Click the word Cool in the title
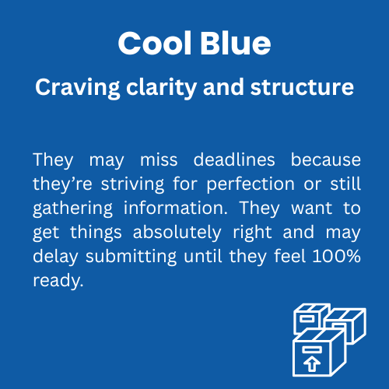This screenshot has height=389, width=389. pyautogui.click(x=155, y=43)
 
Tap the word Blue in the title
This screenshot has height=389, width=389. pyautogui.click(x=236, y=43)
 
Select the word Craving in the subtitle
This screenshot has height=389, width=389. pyautogui.click(x=78, y=88)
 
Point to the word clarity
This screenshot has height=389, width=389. pyautogui.click(x=161, y=88)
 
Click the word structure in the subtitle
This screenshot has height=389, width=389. pyautogui.click(x=302, y=87)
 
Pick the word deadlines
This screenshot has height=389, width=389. pyautogui.click(x=234, y=159)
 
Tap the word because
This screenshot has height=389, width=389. pyautogui.click(x=326, y=159)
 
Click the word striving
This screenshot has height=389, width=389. pyautogui.click(x=132, y=184)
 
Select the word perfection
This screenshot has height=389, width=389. pyautogui.click(x=251, y=184)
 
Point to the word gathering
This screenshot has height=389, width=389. pyautogui.click(x=73, y=209)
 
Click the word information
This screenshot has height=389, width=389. pyautogui.click(x=176, y=208)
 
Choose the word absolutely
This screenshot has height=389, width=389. pyautogui.click(x=177, y=233)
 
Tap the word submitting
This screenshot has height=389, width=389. pyautogui.click(x=131, y=257)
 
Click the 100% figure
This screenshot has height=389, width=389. pyautogui.click(x=337, y=256)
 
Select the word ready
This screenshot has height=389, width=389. pyautogui.click(x=58, y=281)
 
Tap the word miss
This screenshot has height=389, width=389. pyautogui.click(x=159, y=159)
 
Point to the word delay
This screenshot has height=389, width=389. pyautogui.click(x=55, y=257)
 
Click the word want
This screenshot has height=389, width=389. pyautogui.click(x=312, y=209)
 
